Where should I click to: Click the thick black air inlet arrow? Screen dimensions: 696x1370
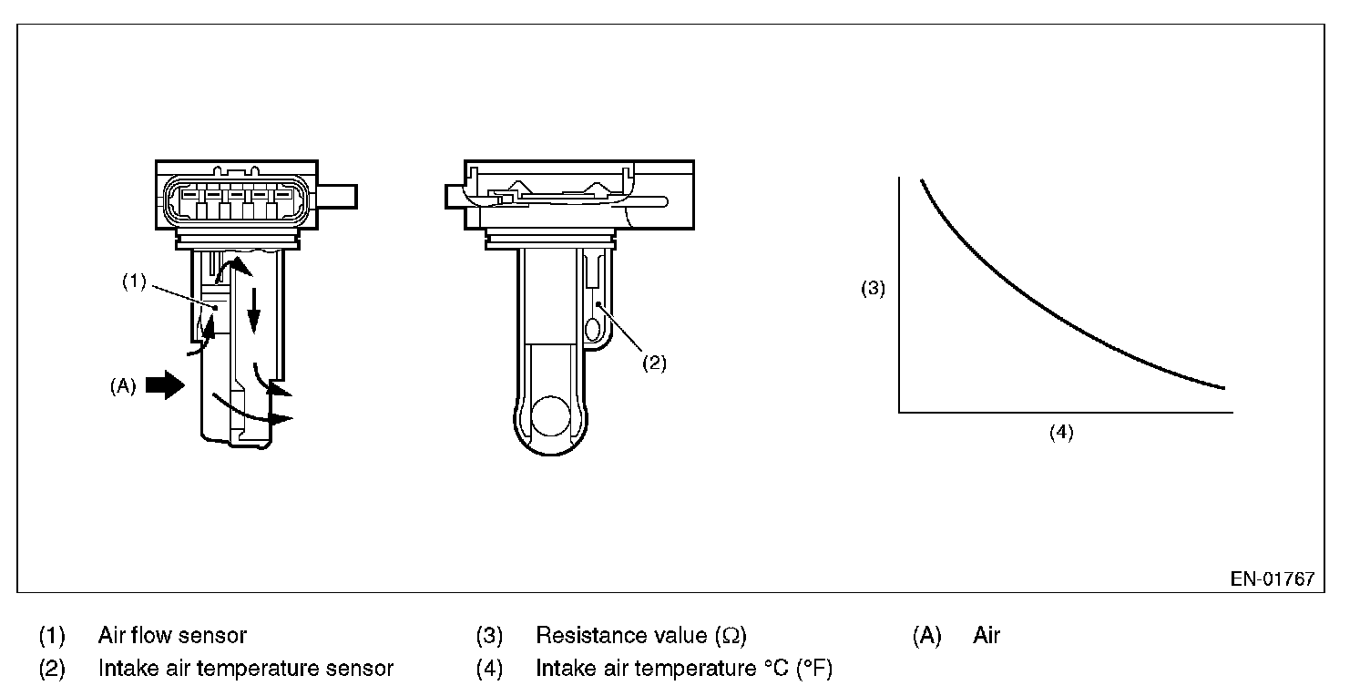[164, 385]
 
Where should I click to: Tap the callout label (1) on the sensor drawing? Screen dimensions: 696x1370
[135, 281]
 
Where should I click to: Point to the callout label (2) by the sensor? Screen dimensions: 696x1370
[654, 363]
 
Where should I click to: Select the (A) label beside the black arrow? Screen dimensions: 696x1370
[122, 385]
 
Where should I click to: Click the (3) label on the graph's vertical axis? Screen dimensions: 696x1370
[874, 290]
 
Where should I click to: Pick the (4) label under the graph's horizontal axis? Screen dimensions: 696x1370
[1061, 433]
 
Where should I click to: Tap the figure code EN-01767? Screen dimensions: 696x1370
[1273, 579]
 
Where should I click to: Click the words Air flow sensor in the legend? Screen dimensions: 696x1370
[172, 635]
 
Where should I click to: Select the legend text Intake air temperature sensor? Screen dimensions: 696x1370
[246, 669]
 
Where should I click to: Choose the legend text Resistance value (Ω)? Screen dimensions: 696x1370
[641, 635]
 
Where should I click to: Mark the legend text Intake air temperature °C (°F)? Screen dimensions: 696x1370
[684, 669]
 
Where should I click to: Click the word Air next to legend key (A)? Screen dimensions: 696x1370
[987, 635]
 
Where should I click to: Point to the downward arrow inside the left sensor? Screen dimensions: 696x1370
[254, 310]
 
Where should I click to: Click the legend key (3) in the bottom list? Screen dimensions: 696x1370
[490, 635]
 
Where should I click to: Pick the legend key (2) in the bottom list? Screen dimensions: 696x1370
[52, 669]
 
